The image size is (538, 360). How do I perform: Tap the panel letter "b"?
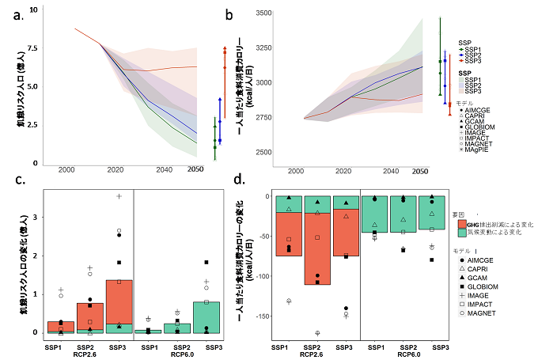click(x=229, y=15)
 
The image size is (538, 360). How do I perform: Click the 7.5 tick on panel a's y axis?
click(x=32, y=49)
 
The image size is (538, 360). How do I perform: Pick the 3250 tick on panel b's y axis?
click(x=262, y=48)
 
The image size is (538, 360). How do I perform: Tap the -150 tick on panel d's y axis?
click(x=262, y=316)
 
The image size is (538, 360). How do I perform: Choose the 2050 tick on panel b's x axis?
click(x=419, y=172)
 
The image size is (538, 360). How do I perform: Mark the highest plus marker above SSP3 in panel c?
click(x=119, y=196)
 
